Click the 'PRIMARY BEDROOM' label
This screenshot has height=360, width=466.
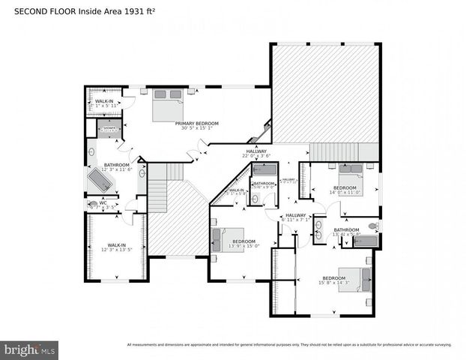pos(197,123)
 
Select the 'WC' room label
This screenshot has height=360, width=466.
pos(103,202)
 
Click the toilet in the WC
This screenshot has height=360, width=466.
pos(94,202)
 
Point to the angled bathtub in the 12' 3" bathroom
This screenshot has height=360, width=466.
pos(100,181)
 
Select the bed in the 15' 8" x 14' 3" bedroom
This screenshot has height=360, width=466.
pos(354,279)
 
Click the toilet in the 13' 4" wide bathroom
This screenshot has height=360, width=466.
pos(372,226)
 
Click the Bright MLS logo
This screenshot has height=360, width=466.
pos(30,349)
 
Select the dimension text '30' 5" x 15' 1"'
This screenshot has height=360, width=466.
pos(197,128)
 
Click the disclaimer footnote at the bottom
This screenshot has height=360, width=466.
pos(289,345)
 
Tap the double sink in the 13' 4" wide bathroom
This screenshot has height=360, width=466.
pos(318,229)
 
